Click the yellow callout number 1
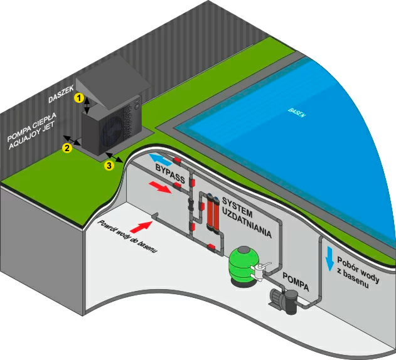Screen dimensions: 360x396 pos(78,98)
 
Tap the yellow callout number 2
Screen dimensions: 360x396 pos(65,148)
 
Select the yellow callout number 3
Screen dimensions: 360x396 pos(109,165)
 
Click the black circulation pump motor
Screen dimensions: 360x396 pos(279,298)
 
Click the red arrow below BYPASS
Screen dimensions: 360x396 pos(162,188)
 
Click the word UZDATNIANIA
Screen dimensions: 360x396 pos(254,224)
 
